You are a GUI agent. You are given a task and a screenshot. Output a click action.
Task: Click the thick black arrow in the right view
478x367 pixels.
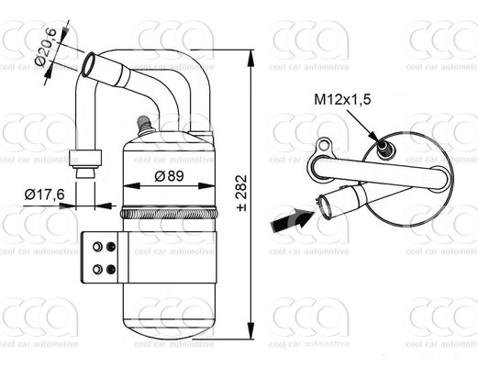(x=291, y=220)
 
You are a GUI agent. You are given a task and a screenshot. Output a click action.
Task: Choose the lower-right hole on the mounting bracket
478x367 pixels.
(x=112, y=269)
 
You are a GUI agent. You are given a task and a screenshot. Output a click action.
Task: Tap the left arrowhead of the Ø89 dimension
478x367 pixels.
(x=126, y=185)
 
